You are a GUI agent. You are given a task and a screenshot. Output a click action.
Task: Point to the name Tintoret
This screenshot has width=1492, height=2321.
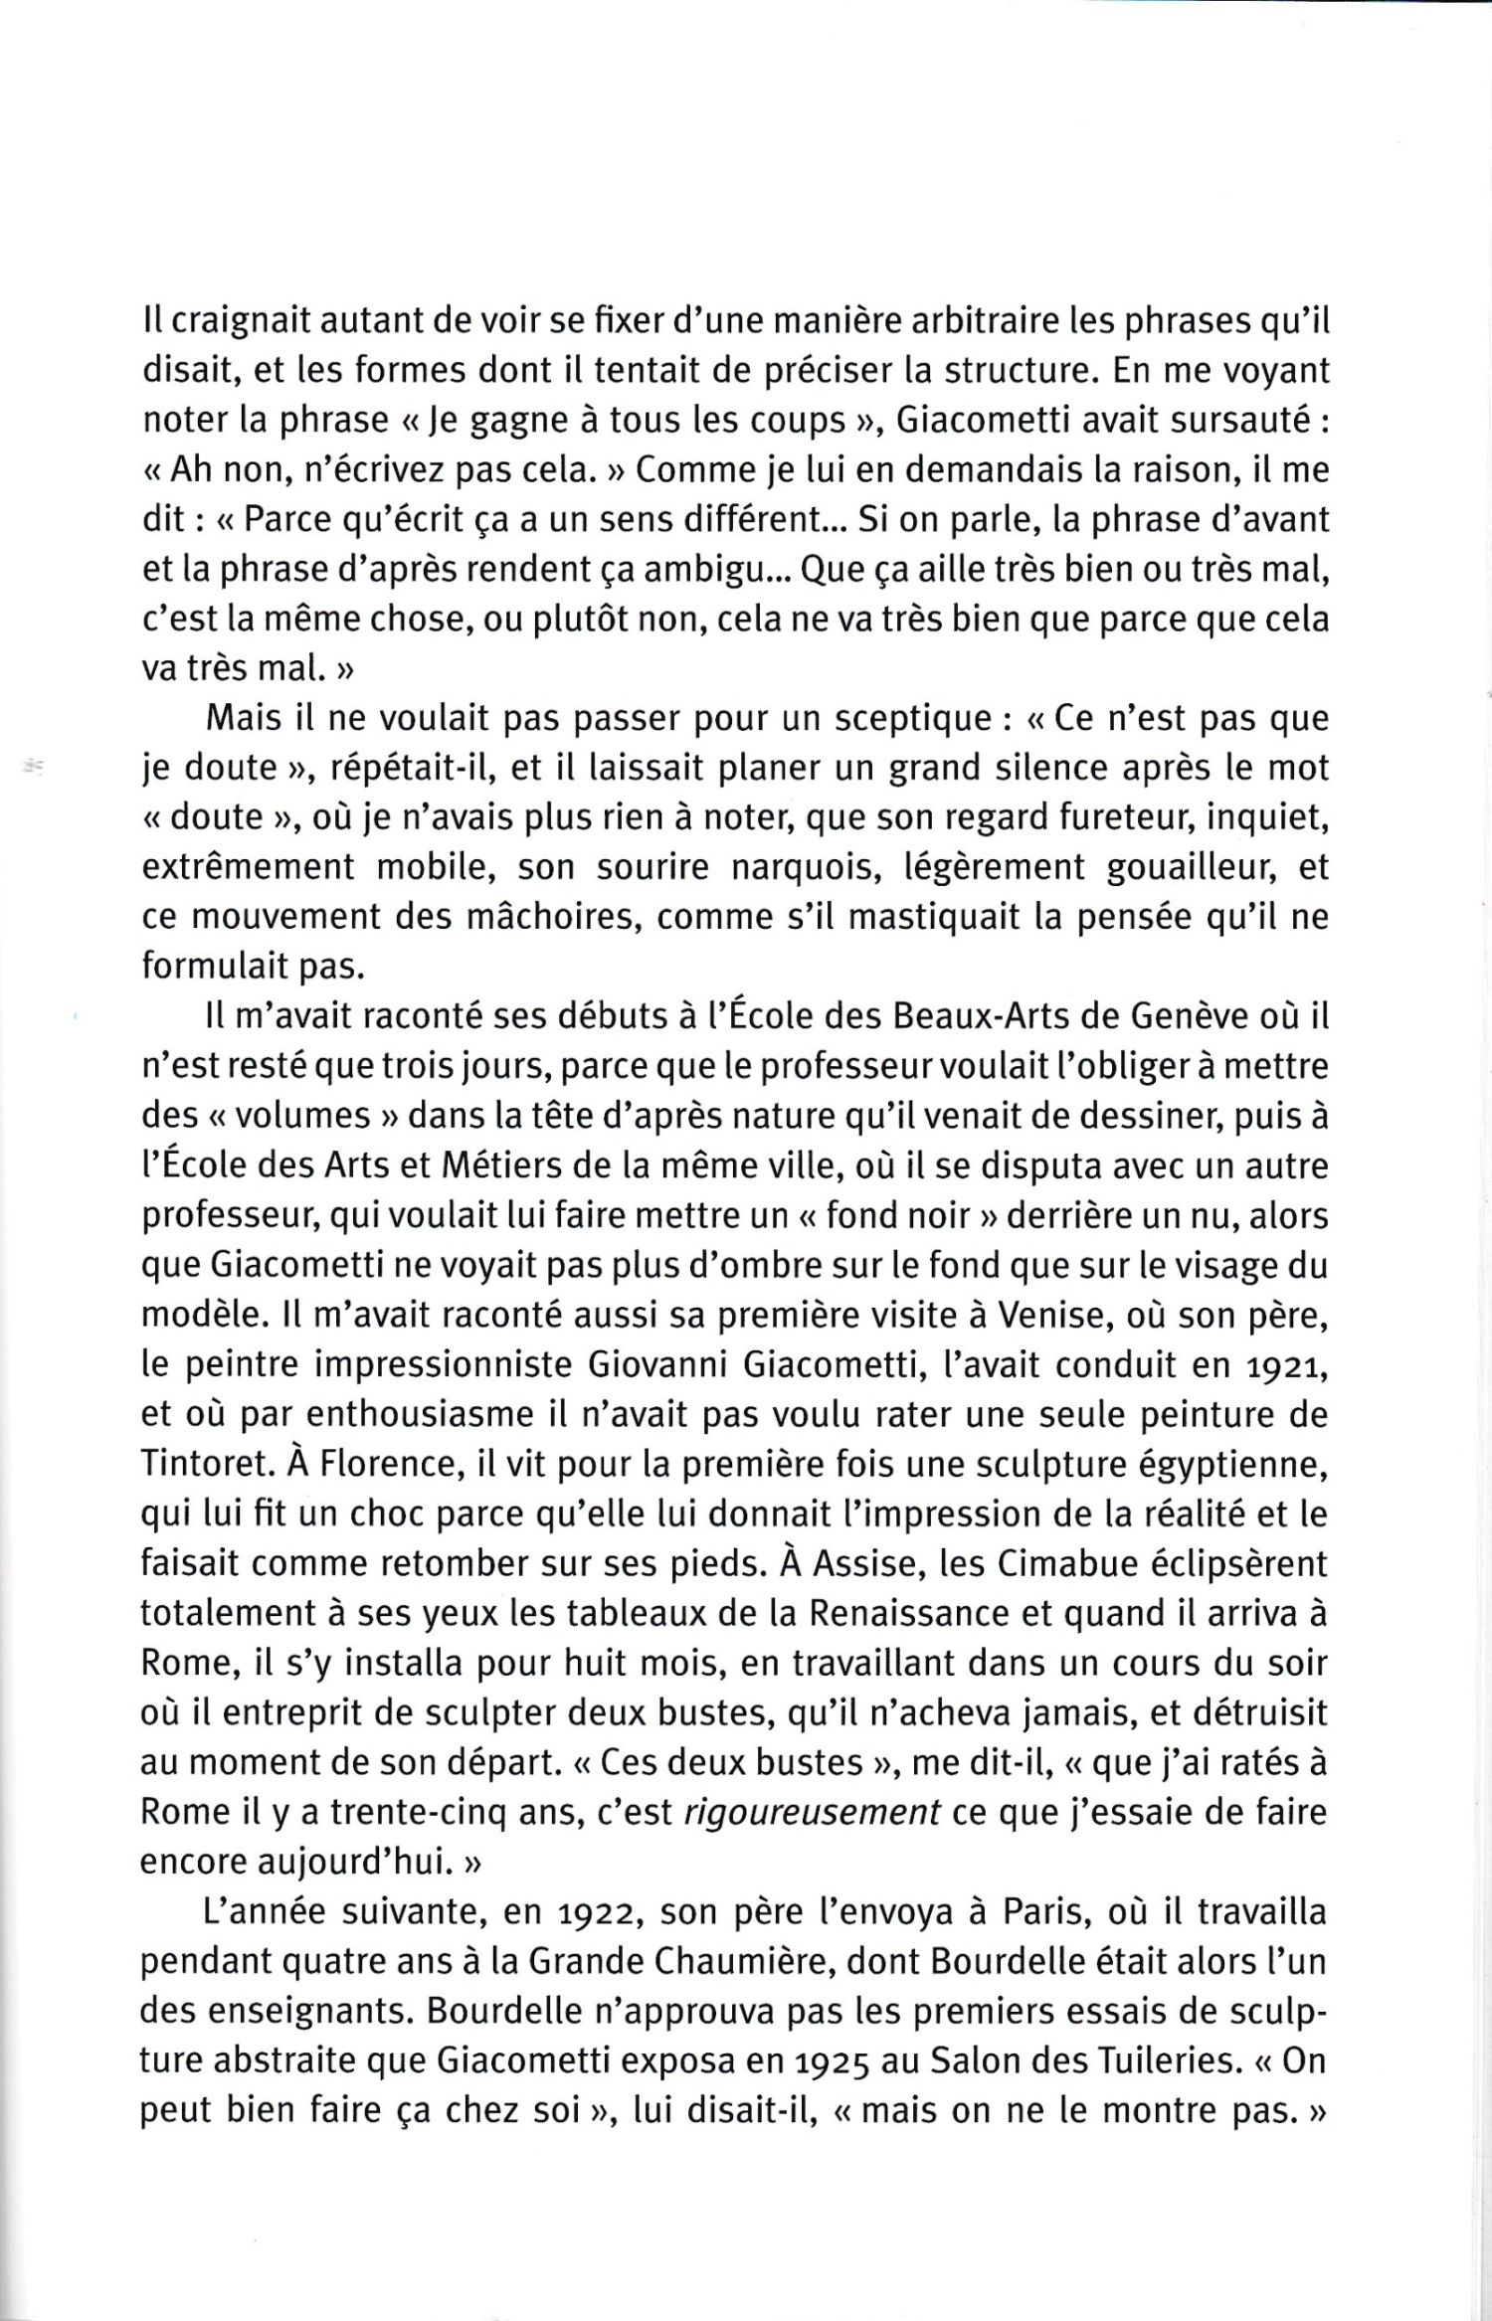pos(205,1465)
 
